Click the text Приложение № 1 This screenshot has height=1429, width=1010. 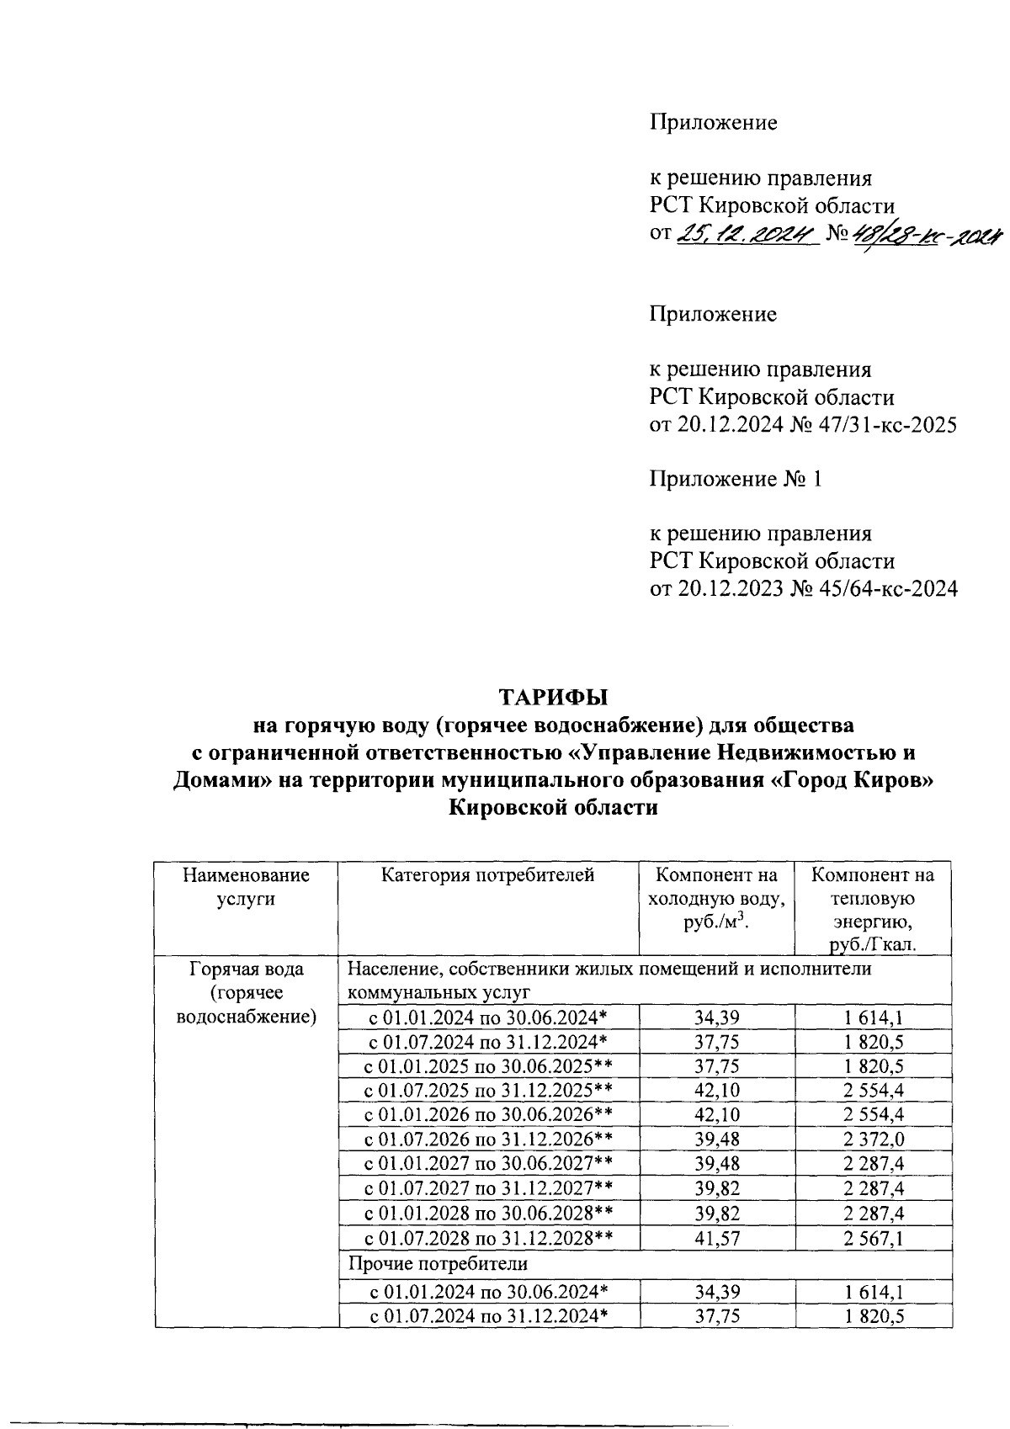735,480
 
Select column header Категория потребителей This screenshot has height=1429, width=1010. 487,875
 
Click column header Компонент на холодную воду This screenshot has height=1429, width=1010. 715,898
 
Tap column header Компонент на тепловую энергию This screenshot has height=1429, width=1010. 872,910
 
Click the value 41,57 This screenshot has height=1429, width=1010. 716,1238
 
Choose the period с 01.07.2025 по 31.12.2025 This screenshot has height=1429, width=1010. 487,1091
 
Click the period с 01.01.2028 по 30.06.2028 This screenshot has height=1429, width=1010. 487,1214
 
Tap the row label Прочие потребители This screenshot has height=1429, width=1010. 438,1263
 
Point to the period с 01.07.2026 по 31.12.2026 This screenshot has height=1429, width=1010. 487,1139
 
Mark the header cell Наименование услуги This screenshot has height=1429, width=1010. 246,887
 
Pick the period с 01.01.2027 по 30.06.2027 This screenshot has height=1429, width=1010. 487,1164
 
